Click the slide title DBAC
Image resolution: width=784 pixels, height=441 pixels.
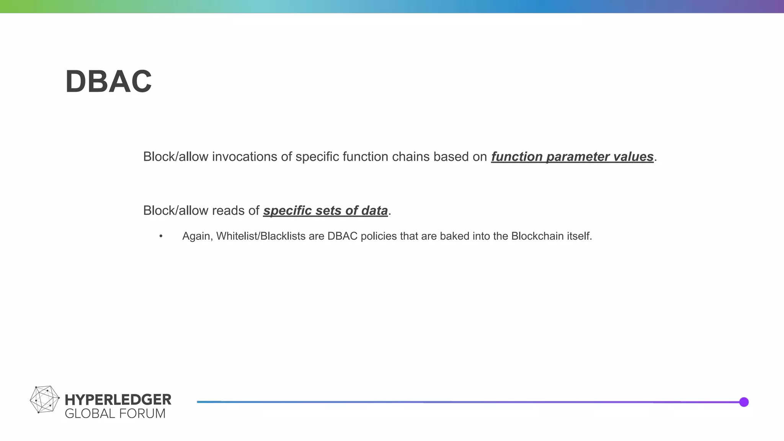tap(109, 82)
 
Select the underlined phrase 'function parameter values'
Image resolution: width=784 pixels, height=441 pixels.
tap(572, 157)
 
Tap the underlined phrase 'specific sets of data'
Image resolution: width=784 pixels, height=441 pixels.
tap(325, 211)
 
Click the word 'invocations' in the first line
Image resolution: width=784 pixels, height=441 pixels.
tap(244, 157)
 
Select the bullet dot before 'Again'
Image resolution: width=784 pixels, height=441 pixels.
tap(161, 237)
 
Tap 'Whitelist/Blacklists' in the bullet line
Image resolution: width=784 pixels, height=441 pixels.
tap(261, 237)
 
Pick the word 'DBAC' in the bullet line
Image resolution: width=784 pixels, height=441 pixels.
tap(342, 237)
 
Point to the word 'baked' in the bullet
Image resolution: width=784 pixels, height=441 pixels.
tap(453, 237)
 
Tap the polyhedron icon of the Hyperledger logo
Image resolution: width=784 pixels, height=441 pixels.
tap(44, 400)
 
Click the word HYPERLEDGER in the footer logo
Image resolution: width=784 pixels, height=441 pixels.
tap(118, 400)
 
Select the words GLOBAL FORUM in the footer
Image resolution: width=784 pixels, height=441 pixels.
tap(115, 414)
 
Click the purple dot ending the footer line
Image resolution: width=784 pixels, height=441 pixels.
tap(744, 402)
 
